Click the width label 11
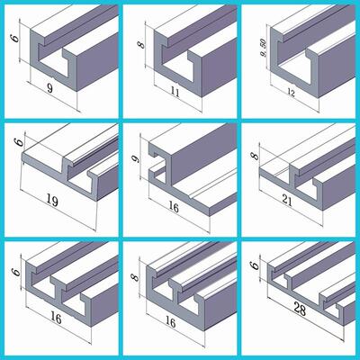(174, 93)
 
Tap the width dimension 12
(291, 94)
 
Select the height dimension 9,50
(264, 49)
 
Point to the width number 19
(52, 200)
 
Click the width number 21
(287, 201)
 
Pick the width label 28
(299, 309)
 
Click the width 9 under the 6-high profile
(50, 88)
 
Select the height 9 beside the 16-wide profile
(137, 158)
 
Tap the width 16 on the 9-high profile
(174, 207)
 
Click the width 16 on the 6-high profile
(56, 319)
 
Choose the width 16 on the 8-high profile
(170, 322)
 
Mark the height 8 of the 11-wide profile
(141, 45)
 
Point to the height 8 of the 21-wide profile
(256, 156)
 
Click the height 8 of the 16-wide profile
(135, 277)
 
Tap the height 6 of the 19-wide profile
(19, 141)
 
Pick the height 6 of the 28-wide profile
(255, 265)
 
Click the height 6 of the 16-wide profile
(17, 272)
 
